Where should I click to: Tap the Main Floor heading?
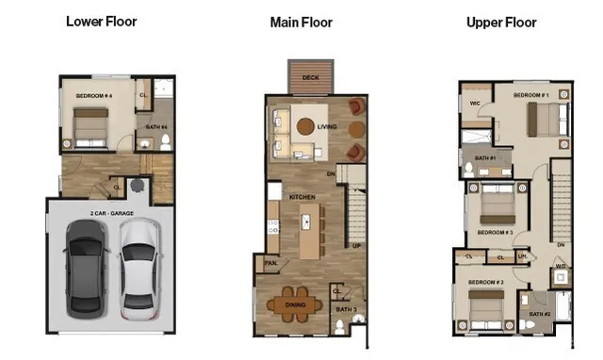[x=301, y=22]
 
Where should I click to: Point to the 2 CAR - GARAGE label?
[x=111, y=214]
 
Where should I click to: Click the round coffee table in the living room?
[x=306, y=126]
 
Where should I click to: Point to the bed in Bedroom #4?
[x=90, y=123]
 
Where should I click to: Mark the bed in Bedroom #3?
[x=497, y=205]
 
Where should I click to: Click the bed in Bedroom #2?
[x=484, y=307]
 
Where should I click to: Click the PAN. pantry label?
[x=269, y=263]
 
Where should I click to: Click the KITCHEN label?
[x=301, y=196]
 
